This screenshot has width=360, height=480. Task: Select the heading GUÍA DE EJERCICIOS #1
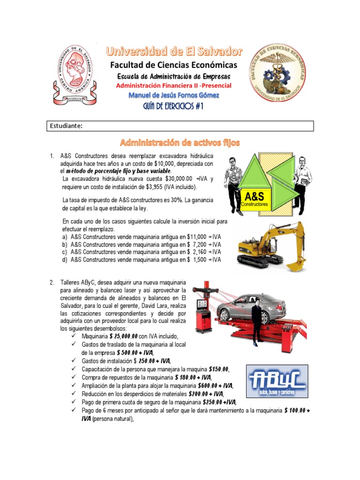(173, 106)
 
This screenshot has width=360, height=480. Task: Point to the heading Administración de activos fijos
(180, 142)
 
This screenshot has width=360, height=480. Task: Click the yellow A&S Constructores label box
(256, 199)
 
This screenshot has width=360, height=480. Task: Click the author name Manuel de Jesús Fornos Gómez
(173, 95)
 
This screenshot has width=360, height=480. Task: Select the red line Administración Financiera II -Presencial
(173, 86)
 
